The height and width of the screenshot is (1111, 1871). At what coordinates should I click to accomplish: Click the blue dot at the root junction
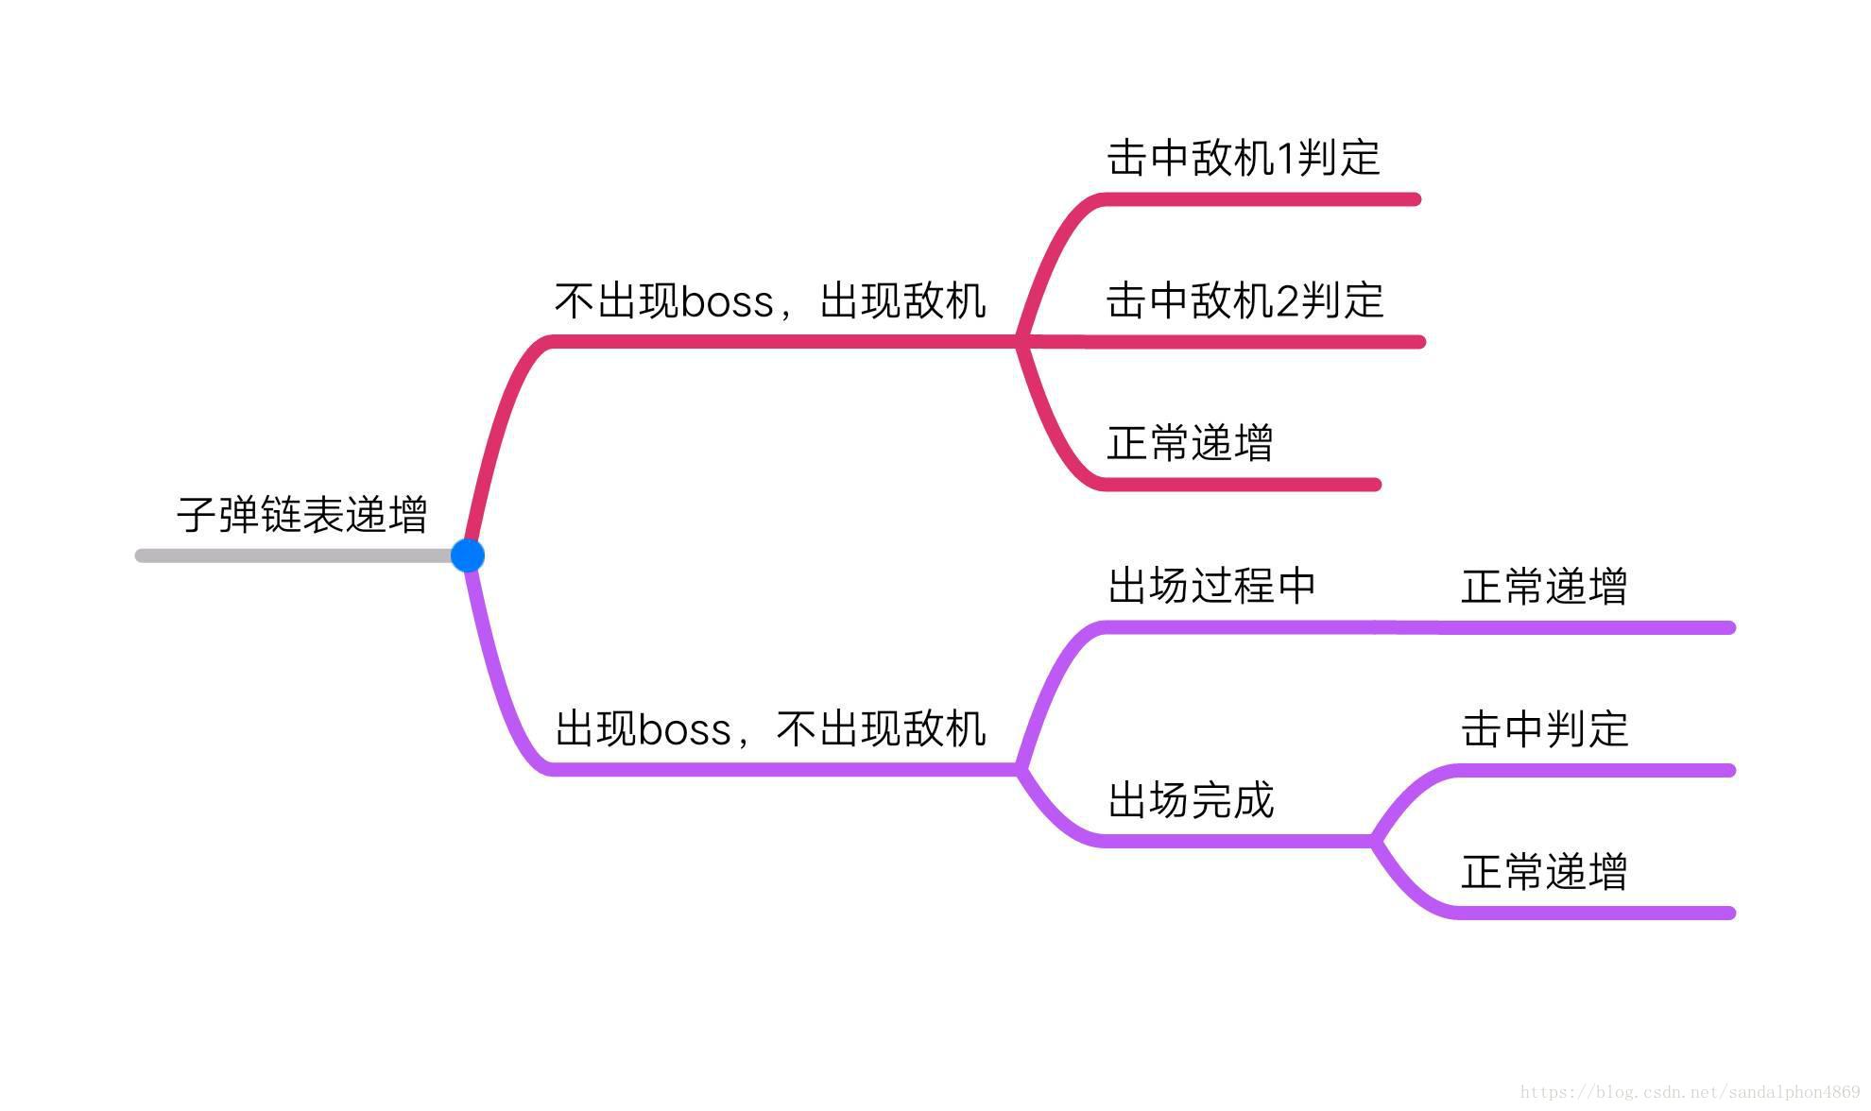[x=468, y=555]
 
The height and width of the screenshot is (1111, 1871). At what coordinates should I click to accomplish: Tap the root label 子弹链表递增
[x=302, y=515]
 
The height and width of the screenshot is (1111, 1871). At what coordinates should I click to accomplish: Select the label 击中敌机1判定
[x=1244, y=158]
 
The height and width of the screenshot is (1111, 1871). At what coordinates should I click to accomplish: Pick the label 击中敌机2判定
[x=1244, y=300]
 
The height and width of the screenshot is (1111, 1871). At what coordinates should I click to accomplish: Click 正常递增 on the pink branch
[x=1190, y=443]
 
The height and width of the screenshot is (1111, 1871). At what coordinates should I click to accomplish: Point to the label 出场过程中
[x=1212, y=586]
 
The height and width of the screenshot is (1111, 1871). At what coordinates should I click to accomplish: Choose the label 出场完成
[x=1191, y=800]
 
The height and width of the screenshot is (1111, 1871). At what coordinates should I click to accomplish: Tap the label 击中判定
[x=1544, y=729]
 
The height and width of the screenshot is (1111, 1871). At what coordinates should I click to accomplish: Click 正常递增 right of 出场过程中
[x=1544, y=587]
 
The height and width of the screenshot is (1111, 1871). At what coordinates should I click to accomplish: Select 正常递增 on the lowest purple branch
[x=1544, y=872]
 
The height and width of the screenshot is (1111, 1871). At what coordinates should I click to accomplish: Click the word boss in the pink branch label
[x=727, y=302]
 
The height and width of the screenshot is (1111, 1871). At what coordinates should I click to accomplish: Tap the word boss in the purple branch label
[x=684, y=730]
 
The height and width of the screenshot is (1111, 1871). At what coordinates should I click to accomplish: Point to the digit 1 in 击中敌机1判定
[x=1285, y=159]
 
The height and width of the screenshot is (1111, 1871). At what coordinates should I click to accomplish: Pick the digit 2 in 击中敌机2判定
[x=1287, y=301]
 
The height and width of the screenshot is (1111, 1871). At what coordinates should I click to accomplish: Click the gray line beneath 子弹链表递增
[x=293, y=555]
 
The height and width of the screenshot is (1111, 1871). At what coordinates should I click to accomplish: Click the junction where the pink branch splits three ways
[x=1021, y=341]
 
